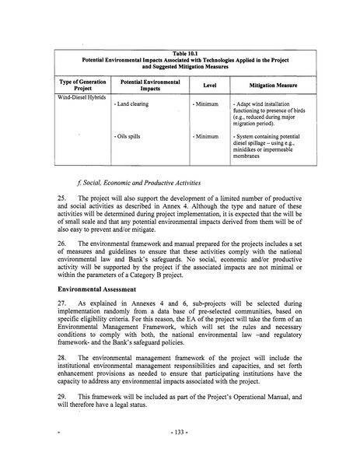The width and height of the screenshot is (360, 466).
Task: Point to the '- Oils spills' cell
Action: tap(131, 137)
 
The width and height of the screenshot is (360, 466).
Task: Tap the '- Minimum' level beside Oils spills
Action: tap(205, 137)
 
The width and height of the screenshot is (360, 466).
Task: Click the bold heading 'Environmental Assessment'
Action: tap(98, 296)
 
